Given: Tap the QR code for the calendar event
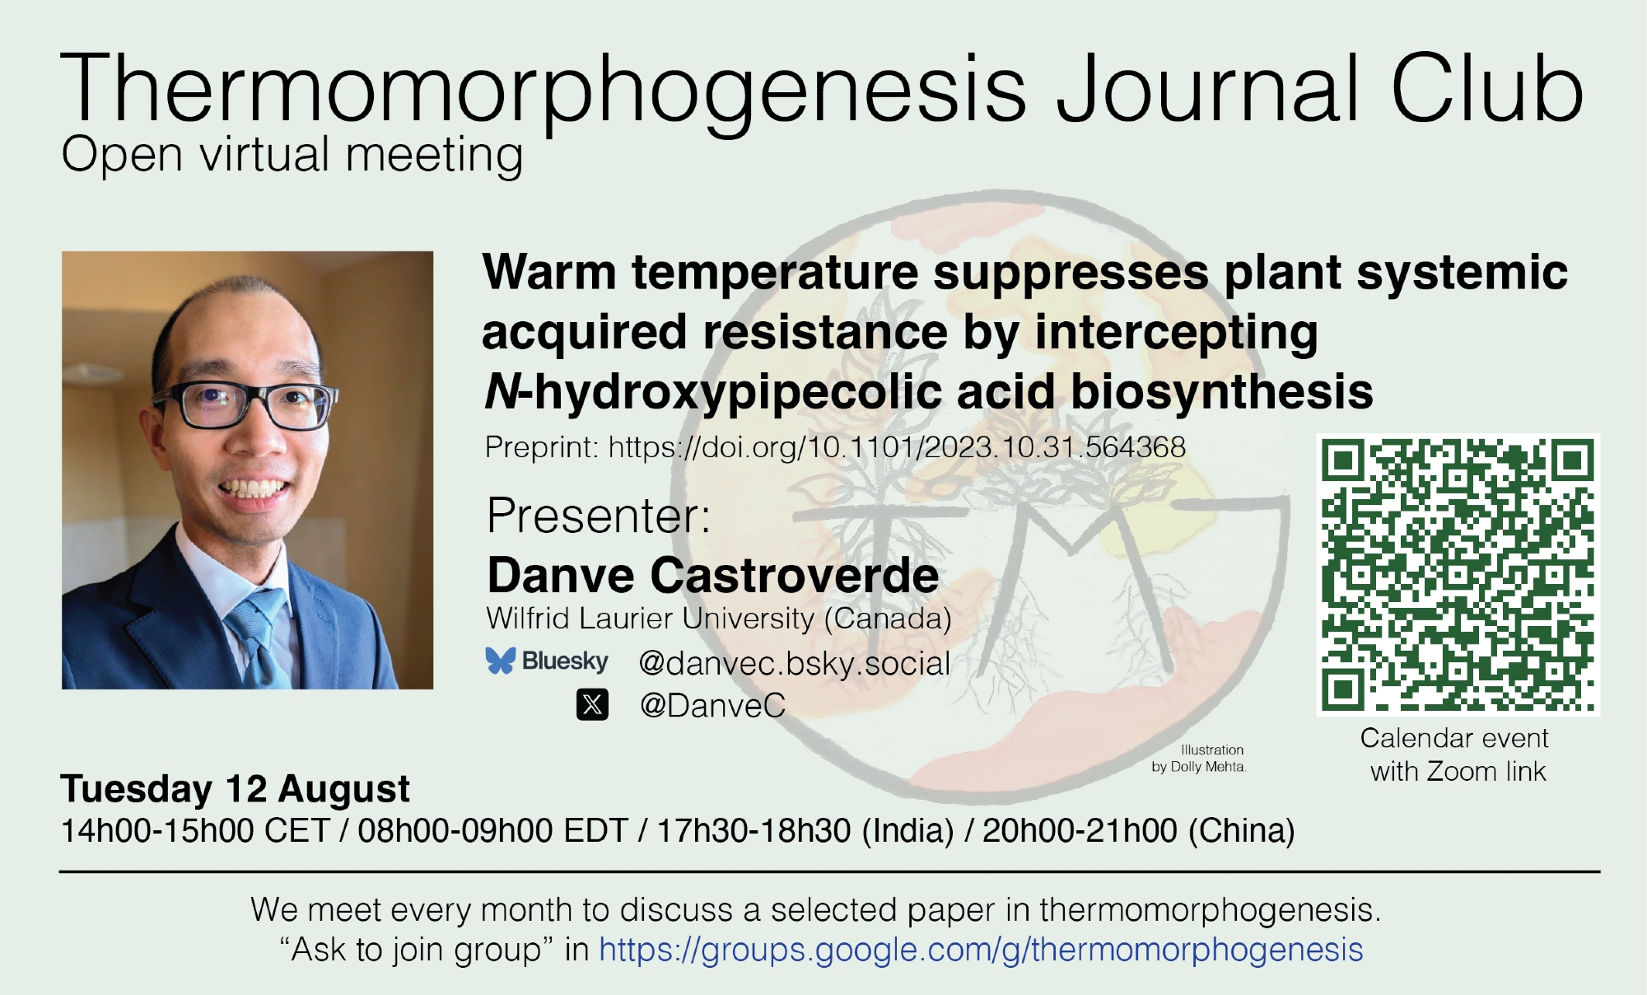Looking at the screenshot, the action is pyautogui.click(x=1458, y=574).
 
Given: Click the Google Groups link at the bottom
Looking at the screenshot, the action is pyautogui.click(x=981, y=950).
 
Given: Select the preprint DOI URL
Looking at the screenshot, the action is pyautogui.click(x=897, y=447).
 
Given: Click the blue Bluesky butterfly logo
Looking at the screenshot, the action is pyautogui.click(x=500, y=661).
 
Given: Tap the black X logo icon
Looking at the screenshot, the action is pyautogui.click(x=592, y=705).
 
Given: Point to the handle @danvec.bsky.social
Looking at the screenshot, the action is pyautogui.click(x=795, y=663).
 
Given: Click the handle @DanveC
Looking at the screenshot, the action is pyautogui.click(x=712, y=706).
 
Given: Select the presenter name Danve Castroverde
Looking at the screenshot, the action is pyautogui.click(x=713, y=575).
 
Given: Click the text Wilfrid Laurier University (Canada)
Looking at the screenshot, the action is pyautogui.click(x=719, y=618).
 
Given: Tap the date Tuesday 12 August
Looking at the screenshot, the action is pyautogui.click(x=235, y=789).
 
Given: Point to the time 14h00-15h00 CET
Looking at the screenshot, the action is pyautogui.click(x=195, y=830).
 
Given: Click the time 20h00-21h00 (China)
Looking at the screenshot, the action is pyautogui.click(x=1138, y=830).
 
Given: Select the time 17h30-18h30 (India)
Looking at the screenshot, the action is pyautogui.click(x=805, y=830).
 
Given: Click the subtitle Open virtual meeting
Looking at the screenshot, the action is pyautogui.click(x=292, y=155).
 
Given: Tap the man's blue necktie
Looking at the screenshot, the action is pyautogui.click(x=259, y=638).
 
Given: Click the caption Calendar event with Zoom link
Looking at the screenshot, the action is pyautogui.click(x=1455, y=754).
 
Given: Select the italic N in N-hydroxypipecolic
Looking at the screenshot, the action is pyautogui.click(x=502, y=391).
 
